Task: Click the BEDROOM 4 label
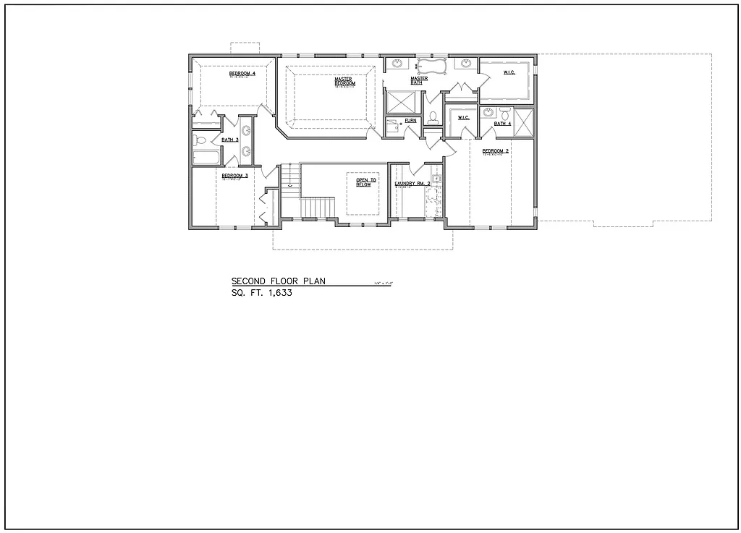pos(242,73)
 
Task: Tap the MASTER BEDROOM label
pos(344,81)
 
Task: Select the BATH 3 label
pos(230,140)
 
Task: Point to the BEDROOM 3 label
pos(235,176)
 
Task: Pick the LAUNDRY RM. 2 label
pos(412,184)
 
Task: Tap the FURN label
pos(410,120)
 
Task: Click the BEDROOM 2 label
pos(496,150)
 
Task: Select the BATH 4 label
pos(503,124)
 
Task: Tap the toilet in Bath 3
pos(200,140)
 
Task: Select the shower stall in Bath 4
pos(524,120)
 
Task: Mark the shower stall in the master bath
pos(400,101)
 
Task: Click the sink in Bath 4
pos(488,112)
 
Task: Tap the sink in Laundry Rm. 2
pos(436,178)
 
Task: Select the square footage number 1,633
pos(278,294)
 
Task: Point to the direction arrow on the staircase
pos(290,184)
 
